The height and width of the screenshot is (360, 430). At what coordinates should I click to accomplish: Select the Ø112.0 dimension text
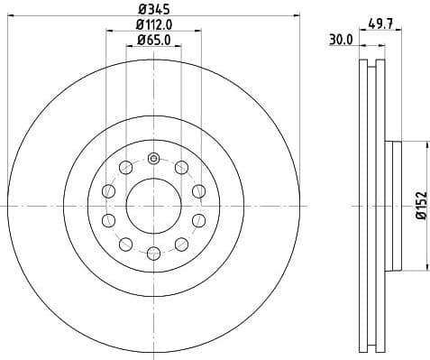tap(154, 24)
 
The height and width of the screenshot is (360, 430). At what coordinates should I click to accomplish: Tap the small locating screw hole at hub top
tap(153, 160)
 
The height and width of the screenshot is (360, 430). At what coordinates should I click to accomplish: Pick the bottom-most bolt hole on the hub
tap(153, 253)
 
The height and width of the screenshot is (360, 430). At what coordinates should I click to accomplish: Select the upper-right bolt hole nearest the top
tap(182, 167)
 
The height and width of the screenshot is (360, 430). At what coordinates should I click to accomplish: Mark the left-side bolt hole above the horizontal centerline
tap(109, 190)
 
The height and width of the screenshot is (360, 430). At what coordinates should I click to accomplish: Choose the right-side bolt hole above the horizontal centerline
tap(198, 190)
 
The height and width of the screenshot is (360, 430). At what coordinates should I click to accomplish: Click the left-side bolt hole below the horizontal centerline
tap(109, 220)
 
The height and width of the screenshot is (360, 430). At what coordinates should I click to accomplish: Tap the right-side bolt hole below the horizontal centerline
tap(198, 220)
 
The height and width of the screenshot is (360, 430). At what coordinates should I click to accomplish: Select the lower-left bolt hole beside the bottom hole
tap(125, 244)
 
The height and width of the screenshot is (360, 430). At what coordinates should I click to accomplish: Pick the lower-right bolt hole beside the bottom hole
tap(182, 244)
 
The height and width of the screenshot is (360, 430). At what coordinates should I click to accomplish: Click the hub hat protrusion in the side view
tap(392, 205)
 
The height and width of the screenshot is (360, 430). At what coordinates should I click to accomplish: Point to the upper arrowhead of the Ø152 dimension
tap(425, 144)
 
